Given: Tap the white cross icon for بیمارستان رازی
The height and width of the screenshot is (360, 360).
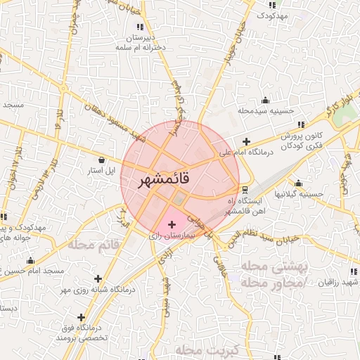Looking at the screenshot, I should [x=172, y=224].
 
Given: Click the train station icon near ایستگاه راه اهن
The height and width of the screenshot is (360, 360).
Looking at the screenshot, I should [x=244, y=190].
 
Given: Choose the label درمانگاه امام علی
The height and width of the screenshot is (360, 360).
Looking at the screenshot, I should [x=245, y=153].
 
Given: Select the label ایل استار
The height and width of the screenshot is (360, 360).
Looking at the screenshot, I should [x=104, y=171].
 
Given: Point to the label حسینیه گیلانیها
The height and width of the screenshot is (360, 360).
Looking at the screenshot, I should [x=298, y=194].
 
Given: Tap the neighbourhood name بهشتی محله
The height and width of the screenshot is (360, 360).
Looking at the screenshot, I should [x=270, y=267].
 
